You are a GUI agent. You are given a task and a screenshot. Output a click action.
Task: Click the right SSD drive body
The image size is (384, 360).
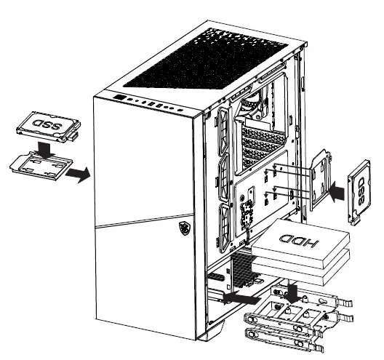[361, 188]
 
